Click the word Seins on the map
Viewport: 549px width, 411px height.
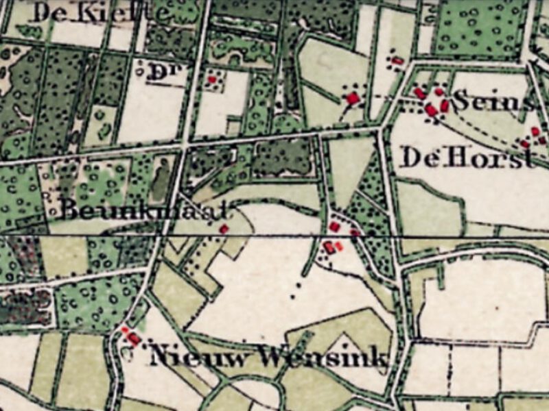point(493,102)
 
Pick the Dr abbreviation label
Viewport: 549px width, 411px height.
point(159,73)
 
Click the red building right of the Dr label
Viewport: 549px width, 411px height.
point(212,79)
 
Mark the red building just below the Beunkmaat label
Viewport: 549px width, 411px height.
point(224,229)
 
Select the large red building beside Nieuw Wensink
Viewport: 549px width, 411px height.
point(134,338)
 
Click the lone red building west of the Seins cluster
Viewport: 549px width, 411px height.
point(353,99)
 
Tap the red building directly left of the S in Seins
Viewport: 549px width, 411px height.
point(444,105)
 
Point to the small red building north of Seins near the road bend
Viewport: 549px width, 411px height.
point(397,61)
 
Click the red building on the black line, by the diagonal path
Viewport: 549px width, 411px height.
point(355,233)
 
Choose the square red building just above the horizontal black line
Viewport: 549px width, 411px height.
point(334,227)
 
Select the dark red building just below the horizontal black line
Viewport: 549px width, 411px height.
point(329,248)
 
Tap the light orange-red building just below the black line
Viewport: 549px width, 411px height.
point(338,246)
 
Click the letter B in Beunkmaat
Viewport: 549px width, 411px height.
point(67,209)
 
